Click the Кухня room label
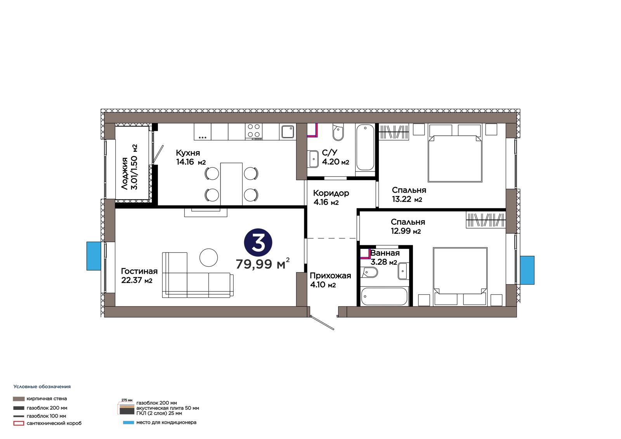[x=188, y=153]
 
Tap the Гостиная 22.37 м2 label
[x=139, y=276]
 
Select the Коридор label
[x=331, y=193]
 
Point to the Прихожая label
[x=330, y=276]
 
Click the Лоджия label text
[x=125, y=174]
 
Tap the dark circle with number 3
[x=258, y=242]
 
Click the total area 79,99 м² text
[x=262, y=264]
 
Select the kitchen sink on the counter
[x=288, y=132]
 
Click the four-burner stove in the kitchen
[x=254, y=132]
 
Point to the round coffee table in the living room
[x=208, y=257]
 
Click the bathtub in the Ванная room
[x=384, y=296]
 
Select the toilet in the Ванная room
[x=369, y=272]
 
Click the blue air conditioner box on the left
[x=94, y=256]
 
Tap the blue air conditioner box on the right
[x=527, y=270]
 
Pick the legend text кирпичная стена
[x=47, y=399]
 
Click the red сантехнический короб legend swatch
[x=19, y=423]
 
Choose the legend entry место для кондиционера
[x=167, y=422]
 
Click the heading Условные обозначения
[x=42, y=387]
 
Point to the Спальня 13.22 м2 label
[x=409, y=195]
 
